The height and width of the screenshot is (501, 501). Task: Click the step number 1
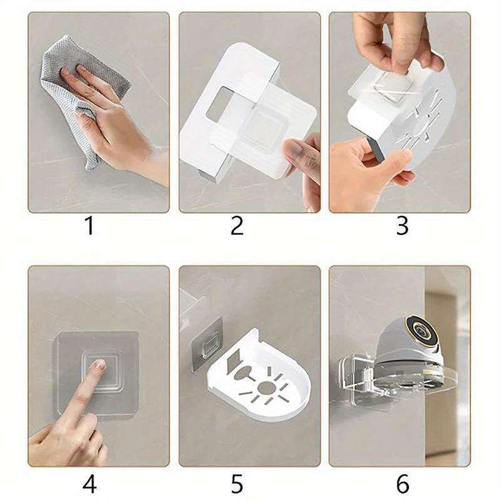tap(90, 225)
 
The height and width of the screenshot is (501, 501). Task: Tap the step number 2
tap(237, 225)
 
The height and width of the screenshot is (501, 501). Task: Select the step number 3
tap(403, 225)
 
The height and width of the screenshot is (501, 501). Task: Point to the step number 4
tap(90, 483)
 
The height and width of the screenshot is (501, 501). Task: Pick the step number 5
tap(237, 483)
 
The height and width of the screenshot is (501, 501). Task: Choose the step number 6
tap(403, 483)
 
